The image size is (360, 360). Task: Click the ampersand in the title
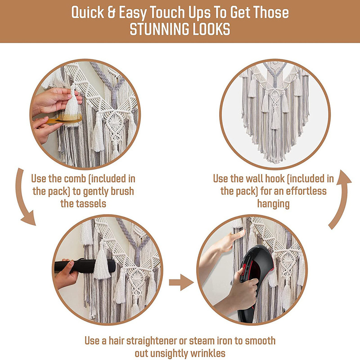[x=111, y=12]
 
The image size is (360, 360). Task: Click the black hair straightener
[x=85, y=265]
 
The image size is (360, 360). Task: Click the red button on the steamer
[x=243, y=266]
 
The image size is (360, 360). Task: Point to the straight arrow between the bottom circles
[x=181, y=282]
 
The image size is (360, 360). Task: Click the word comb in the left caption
[x=75, y=179]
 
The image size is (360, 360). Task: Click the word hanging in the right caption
[x=273, y=204]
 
